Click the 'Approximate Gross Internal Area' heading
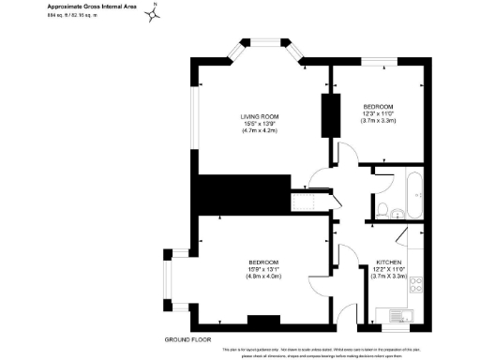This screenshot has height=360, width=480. tap(86, 7)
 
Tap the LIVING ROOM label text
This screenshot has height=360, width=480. tap(260, 117)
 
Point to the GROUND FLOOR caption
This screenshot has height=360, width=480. tap(186, 337)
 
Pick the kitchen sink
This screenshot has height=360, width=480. tap(386, 314)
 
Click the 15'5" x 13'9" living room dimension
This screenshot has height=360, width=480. tap(260, 125)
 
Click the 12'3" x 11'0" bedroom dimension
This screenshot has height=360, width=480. tap(379, 114)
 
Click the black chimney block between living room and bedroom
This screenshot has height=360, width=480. tap(330, 114)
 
